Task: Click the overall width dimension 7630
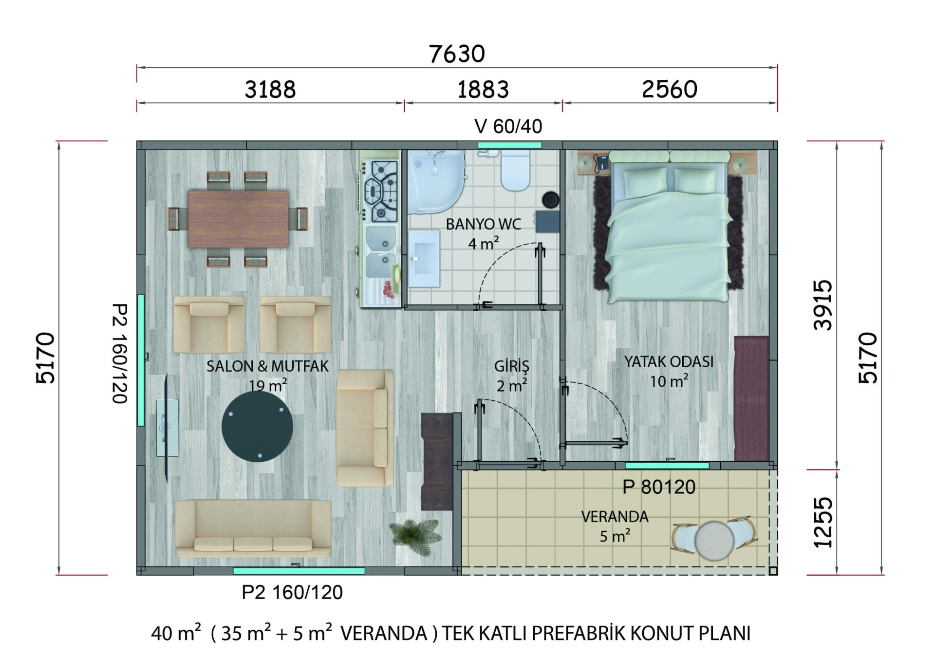point(457,54)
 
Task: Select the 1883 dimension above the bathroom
point(483,90)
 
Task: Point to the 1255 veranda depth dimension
point(823,523)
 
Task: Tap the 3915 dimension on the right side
point(823,305)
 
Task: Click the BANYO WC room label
point(484,224)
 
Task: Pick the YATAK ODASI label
point(669,361)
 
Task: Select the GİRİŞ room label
point(511,365)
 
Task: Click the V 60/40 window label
point(508,127)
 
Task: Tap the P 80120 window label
point(659,487)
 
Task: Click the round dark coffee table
point(257,426)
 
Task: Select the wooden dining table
point(238,219)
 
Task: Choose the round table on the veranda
point(714,541)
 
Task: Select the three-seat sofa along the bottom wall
point(253,528)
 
